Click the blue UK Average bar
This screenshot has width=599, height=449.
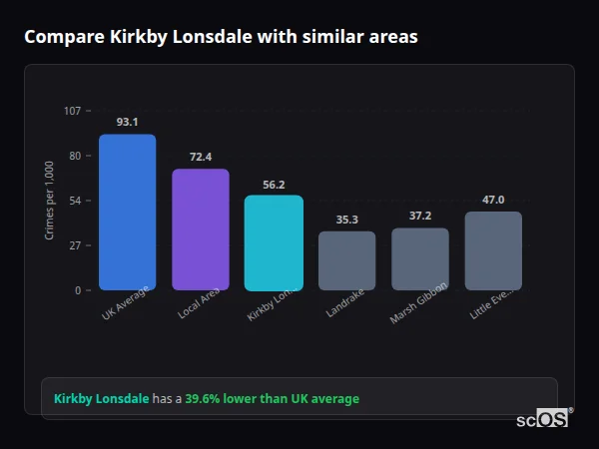[127, 213]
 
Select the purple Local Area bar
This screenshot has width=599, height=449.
[201, 229]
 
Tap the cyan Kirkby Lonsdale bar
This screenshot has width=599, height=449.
[274, 242]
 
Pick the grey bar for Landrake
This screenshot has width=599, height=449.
[347, 260]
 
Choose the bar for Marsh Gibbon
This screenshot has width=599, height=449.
[420, 259]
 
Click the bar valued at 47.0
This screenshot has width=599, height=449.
[493, 250]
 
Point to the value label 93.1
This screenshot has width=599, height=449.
[127, 122]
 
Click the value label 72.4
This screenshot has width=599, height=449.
[201, 157]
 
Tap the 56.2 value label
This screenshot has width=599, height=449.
[274, 184]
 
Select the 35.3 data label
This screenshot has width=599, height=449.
[347, 220]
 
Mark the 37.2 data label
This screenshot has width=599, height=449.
[420, 216]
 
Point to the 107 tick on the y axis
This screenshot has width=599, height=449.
[73, 110]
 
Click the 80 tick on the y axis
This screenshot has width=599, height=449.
[75, 156]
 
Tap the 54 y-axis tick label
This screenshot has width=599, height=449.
[75, 201]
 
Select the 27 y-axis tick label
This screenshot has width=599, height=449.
[75, 245]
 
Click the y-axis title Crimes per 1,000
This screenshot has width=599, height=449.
[50, 200]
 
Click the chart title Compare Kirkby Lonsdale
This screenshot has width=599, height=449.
[221, 37]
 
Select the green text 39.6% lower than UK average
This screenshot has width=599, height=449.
[272, 399]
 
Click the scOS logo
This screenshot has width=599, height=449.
[543, 419]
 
